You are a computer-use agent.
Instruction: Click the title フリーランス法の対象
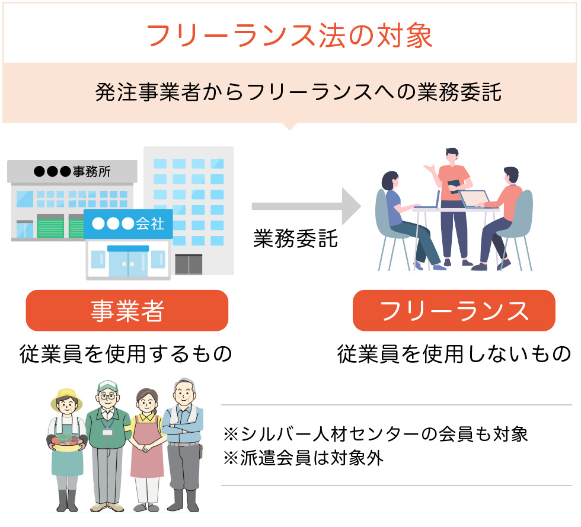pos(289,36)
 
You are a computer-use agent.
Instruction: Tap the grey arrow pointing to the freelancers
pos(306,206)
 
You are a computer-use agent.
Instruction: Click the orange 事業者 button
pos(127,311)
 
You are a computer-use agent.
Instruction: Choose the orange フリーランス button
pos(454,311)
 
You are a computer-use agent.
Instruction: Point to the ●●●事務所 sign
pos(72,172)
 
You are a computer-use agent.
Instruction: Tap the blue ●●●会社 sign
pos(129,224)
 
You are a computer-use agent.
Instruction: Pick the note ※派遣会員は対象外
pos(303,458)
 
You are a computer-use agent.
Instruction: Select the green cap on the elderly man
pos(107,386)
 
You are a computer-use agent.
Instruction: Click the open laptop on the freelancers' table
pos(474,199)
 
